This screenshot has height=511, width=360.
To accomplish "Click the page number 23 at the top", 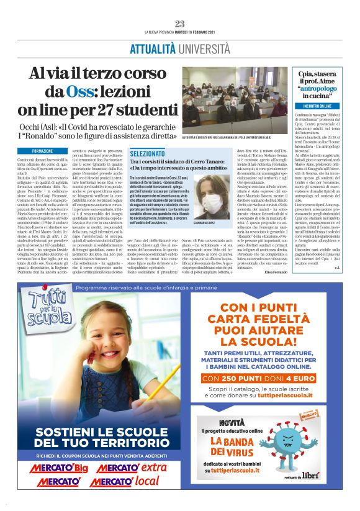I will [x=180, y=24].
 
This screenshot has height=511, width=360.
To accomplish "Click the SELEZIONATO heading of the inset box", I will [x=148, y=152].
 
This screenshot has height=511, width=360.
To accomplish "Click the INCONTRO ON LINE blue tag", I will [x=317, y=106].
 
